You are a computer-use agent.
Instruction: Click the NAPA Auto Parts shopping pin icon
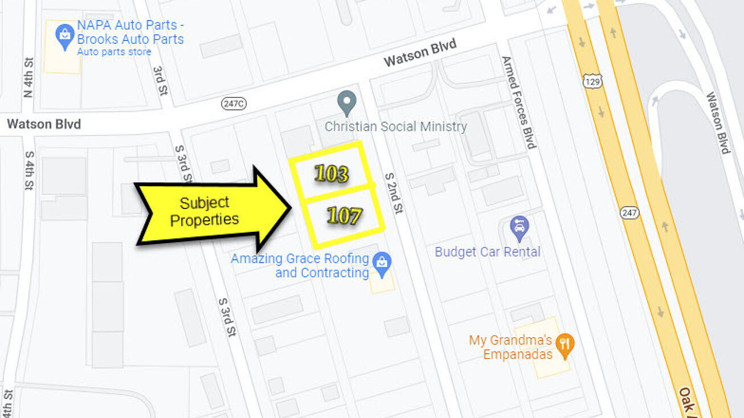tap(64, 36)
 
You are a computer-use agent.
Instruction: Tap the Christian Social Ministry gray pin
tap(346, 103)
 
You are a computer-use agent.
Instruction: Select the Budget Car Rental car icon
tap(519, 228)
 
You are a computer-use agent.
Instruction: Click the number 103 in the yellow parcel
tap(331, 174)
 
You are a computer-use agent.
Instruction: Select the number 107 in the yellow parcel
tap(344, 216)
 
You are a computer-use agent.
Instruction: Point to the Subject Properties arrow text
tap(205, 211)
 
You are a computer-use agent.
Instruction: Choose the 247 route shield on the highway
tap(629, 212)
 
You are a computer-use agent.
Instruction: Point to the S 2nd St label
tap(394, 193)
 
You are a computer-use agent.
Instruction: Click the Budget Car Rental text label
tap(488, 252)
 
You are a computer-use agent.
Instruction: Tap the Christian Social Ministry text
tap(395, 126)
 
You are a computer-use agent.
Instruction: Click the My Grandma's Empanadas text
tap(511, 347)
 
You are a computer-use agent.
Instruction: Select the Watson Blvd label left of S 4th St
tap(44, 124)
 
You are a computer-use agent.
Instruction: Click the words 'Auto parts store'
tap(114, 52)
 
